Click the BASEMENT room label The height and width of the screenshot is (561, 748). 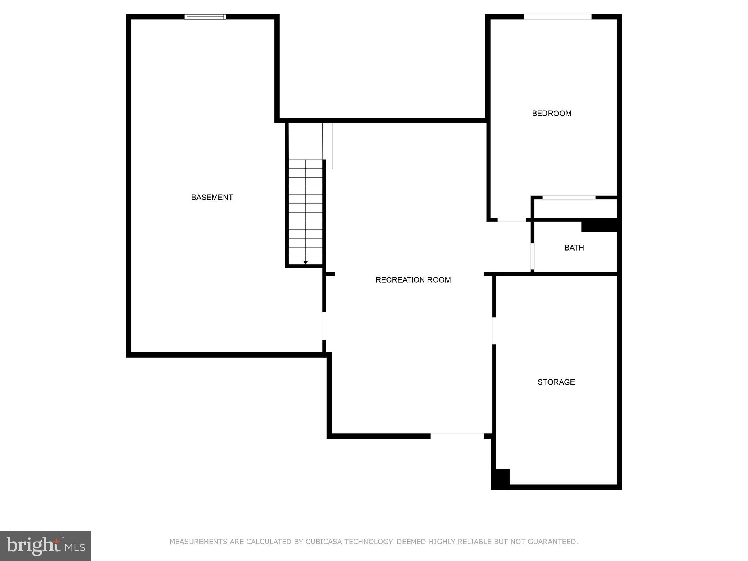click(212, 198)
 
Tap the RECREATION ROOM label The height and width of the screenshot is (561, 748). click(413, 280)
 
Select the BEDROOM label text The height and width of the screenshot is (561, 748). click(551, 114)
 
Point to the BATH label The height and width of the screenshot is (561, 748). click(574, 248)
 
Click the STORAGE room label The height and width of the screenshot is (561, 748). click(556, 382)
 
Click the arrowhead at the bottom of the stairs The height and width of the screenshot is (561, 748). click(305, 263)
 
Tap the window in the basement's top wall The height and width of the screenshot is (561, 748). click(205, 17)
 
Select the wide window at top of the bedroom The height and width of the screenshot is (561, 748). click(557, 17)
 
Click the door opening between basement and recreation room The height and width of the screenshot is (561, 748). click(324, 326)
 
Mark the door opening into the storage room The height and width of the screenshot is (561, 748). click(494, 331)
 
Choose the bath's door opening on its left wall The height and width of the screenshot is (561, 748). click(533, 256)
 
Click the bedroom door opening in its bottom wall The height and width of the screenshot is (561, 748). click(511, 220)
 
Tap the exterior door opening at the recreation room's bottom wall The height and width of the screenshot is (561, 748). click(457, 435)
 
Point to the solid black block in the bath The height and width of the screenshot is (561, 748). click(599, 225)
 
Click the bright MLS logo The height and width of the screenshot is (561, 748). click(45, 546)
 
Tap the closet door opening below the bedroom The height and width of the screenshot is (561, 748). click(569, 198)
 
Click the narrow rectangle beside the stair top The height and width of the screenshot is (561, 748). click(328, 146)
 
